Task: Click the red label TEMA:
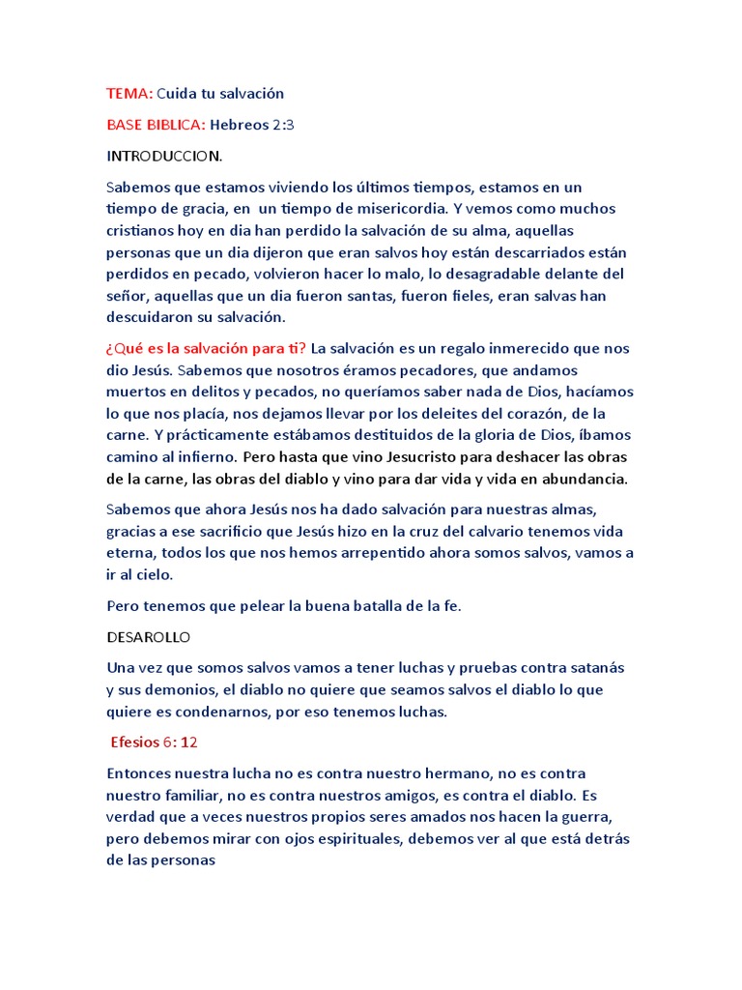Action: (x=129, y=94)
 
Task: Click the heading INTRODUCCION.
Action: (x=164, y=156)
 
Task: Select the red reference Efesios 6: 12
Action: (x=156, y=742)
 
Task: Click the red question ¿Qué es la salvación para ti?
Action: (x=207, y=348)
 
